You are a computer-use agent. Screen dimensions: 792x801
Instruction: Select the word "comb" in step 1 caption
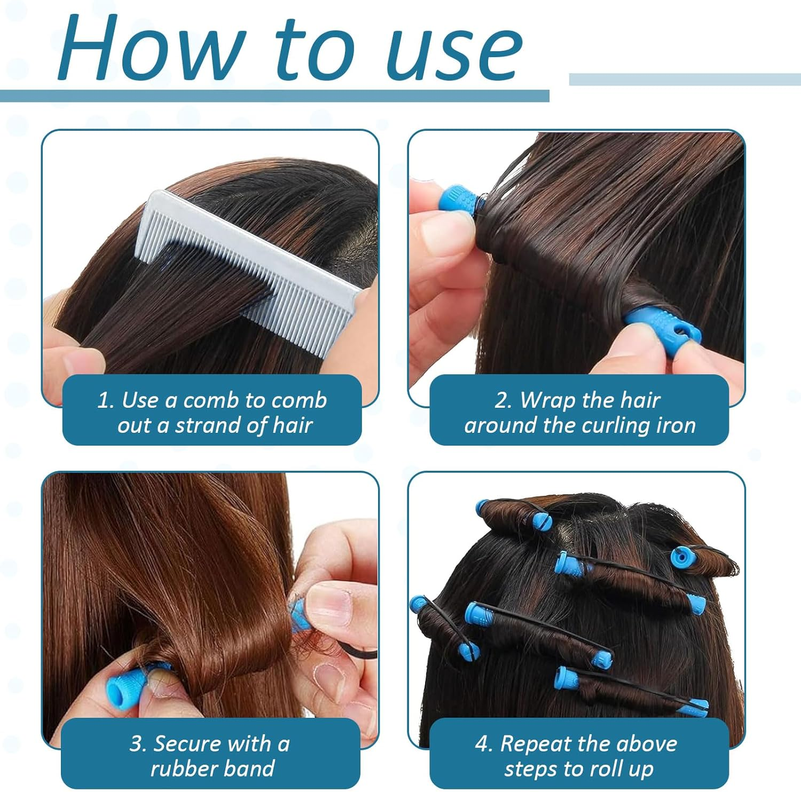(300, 400)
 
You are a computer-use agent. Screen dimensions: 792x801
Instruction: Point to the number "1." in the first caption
(106, 400)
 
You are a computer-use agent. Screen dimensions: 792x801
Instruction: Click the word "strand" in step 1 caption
(208, 425)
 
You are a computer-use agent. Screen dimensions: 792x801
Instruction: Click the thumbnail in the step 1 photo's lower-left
(80, 363)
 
